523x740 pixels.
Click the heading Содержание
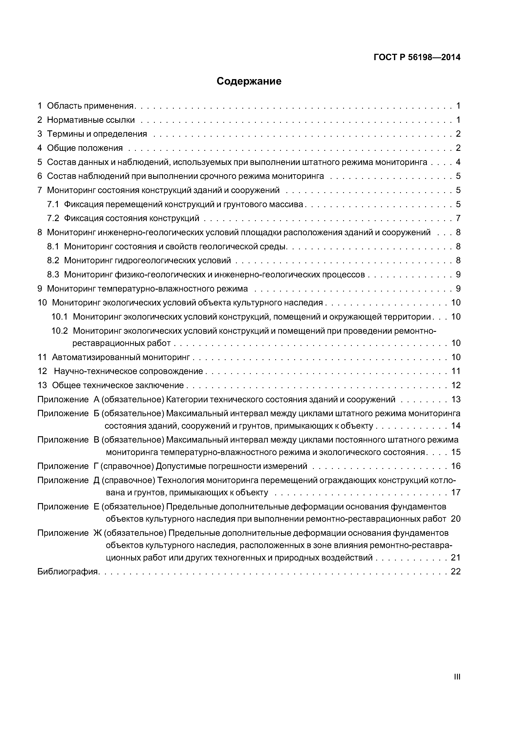click(249, 81)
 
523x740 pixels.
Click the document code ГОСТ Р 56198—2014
click(417, 57)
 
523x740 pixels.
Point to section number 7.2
click(53, 219)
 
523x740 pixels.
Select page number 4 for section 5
click(458, 162)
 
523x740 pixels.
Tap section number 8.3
click(53, 275)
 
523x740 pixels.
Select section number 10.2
click(60, 331)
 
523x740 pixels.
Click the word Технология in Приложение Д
click(181, 481)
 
